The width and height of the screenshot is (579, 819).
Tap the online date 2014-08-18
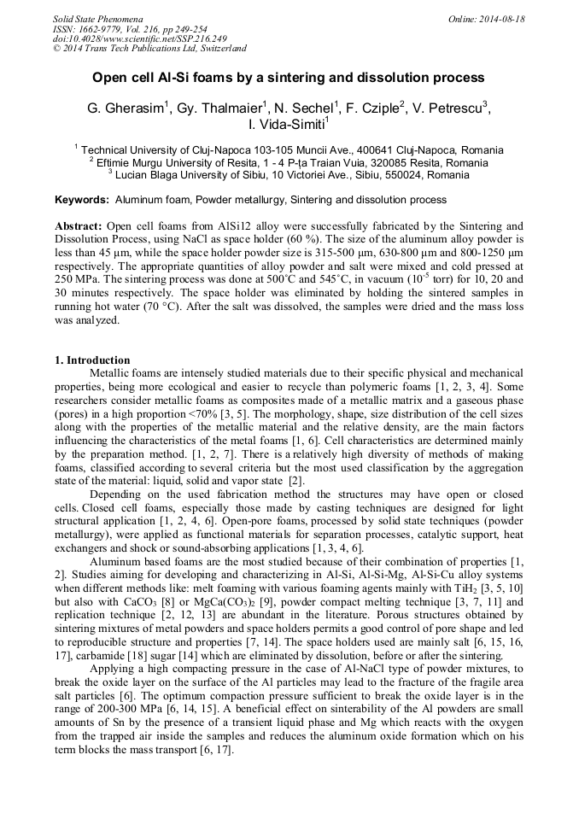500,18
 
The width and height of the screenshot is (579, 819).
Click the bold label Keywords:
82,200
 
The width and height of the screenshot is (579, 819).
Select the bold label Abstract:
79,226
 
